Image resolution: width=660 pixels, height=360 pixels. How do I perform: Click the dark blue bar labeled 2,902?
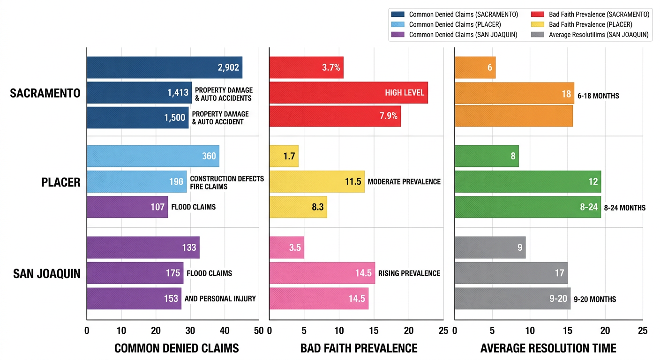click(164, 67)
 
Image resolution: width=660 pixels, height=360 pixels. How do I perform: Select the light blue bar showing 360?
click(153, 156)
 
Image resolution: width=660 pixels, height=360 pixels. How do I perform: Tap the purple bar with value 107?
click(127, 207)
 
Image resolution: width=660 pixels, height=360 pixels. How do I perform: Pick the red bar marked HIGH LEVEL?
click(348, 93)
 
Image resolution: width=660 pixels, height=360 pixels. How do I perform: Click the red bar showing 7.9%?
click(335, 116)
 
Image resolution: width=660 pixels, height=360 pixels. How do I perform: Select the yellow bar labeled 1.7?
click(284, 156)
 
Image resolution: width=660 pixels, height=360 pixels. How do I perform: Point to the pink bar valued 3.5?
click(286, 247)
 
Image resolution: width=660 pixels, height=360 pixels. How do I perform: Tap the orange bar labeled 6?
click(475, 67)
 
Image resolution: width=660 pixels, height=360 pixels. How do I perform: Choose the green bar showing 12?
click(528, 181)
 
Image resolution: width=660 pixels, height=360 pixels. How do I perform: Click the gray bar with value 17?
click(511, 273)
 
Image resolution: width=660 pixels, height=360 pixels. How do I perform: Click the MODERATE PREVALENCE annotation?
click(404, 181)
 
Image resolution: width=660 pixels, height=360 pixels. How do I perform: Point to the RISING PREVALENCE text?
click(409, 273)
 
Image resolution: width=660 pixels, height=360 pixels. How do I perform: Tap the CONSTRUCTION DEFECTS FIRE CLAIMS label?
click(227, 182)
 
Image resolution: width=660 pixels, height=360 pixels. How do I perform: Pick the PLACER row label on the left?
click(61, 182)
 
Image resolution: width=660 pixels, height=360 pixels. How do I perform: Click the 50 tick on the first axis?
click(258, 330)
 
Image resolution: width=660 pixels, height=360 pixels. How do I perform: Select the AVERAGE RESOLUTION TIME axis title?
click(548, 348)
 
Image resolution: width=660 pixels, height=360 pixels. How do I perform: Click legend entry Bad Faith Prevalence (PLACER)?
click(590, 24)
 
